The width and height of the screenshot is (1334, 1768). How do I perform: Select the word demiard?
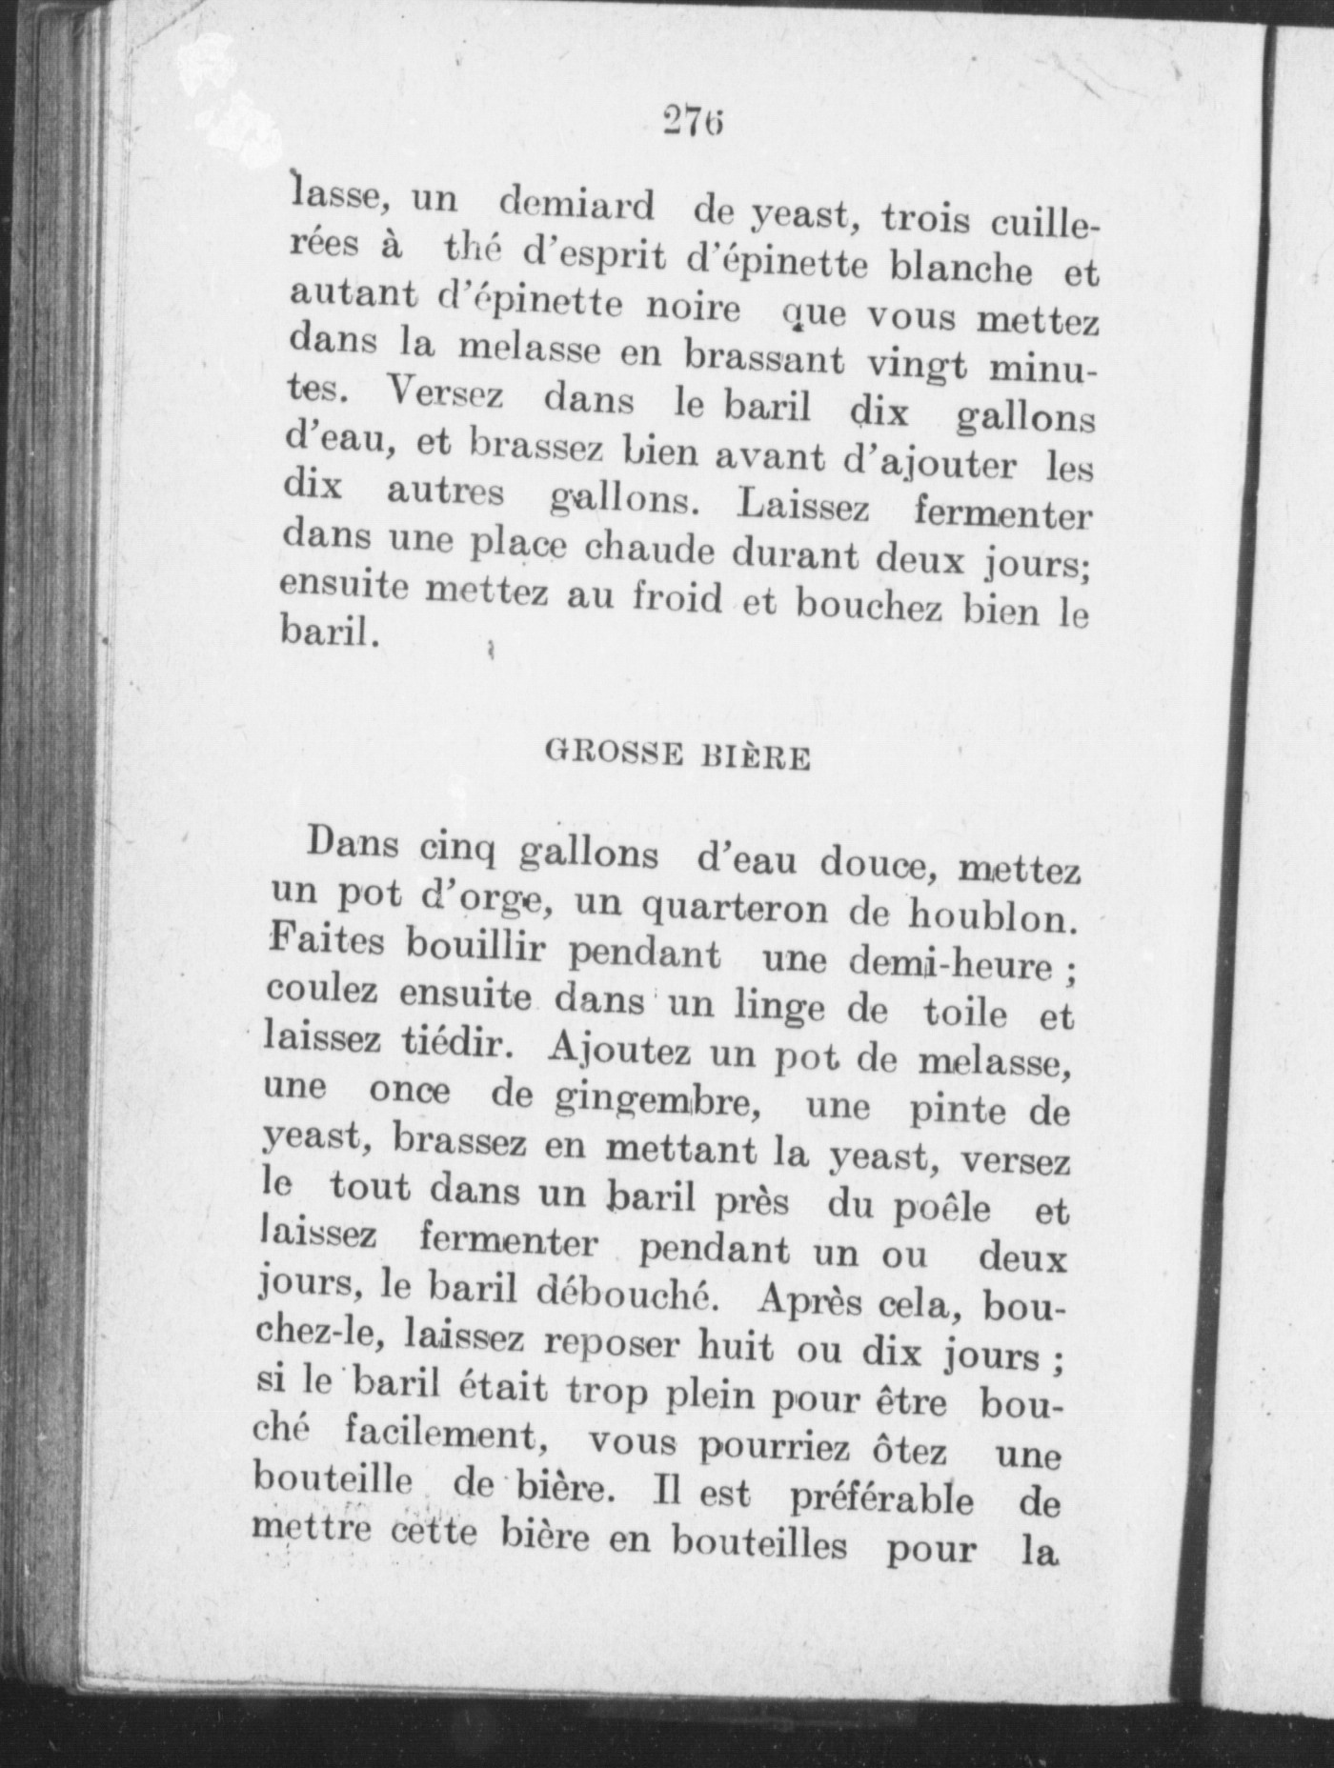click(577, 206)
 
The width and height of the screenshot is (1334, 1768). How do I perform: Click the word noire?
click(693, 309)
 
